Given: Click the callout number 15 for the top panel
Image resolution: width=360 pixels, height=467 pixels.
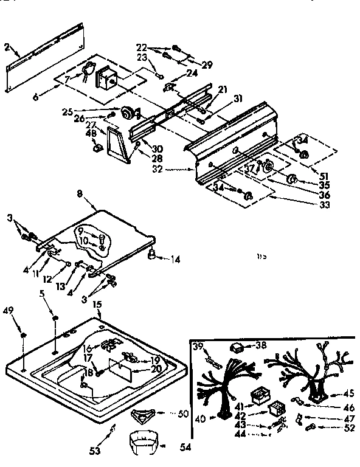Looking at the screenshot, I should pyautogui.click(x=97, y=303).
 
